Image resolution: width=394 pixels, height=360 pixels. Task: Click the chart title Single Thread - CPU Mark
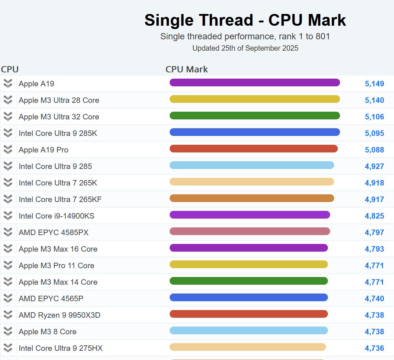(245, 20)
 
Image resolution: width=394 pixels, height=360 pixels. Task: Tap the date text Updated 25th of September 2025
(245, 48)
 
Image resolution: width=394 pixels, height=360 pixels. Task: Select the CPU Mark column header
(187, 69)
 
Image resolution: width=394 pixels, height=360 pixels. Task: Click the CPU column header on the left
(10, 69)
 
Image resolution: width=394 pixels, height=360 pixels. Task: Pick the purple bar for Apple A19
(254, 83)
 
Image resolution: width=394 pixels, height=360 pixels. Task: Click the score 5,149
(374, 84)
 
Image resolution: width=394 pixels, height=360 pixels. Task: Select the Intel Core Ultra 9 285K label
(58, 133)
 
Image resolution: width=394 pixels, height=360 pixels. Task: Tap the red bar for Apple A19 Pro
(253, 149)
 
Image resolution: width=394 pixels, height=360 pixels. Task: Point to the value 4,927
(374, 166)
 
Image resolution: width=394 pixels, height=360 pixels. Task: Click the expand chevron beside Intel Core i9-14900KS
(8, 216)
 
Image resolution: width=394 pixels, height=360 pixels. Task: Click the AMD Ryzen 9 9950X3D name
(59, 315)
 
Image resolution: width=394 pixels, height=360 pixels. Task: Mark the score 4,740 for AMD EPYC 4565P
(374, 299)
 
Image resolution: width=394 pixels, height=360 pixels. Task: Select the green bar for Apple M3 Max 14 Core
(249, 281)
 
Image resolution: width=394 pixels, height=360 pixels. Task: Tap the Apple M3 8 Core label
(48, 332)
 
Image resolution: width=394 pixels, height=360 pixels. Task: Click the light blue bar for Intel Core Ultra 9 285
(252, 165)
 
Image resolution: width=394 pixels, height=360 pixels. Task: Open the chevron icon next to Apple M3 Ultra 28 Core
(8, 100)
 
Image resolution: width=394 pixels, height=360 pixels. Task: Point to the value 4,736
(374, 348)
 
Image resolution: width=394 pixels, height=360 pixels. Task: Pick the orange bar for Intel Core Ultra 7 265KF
(252, 198)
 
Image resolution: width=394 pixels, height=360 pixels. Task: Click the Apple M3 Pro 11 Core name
(57, 266)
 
